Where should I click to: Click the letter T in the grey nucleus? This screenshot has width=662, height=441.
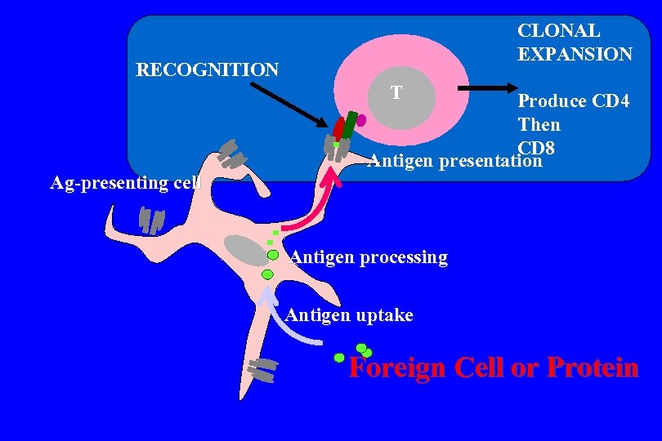396,92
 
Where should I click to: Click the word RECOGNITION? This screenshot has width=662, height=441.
207,69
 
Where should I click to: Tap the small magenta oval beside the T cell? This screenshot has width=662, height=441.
361,120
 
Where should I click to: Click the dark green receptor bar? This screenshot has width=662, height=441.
350,125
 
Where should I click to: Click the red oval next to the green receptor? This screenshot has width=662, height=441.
338,128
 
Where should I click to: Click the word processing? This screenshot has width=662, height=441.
400,258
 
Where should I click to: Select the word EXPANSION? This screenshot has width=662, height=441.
575,55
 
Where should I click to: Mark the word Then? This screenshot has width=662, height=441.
539,125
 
